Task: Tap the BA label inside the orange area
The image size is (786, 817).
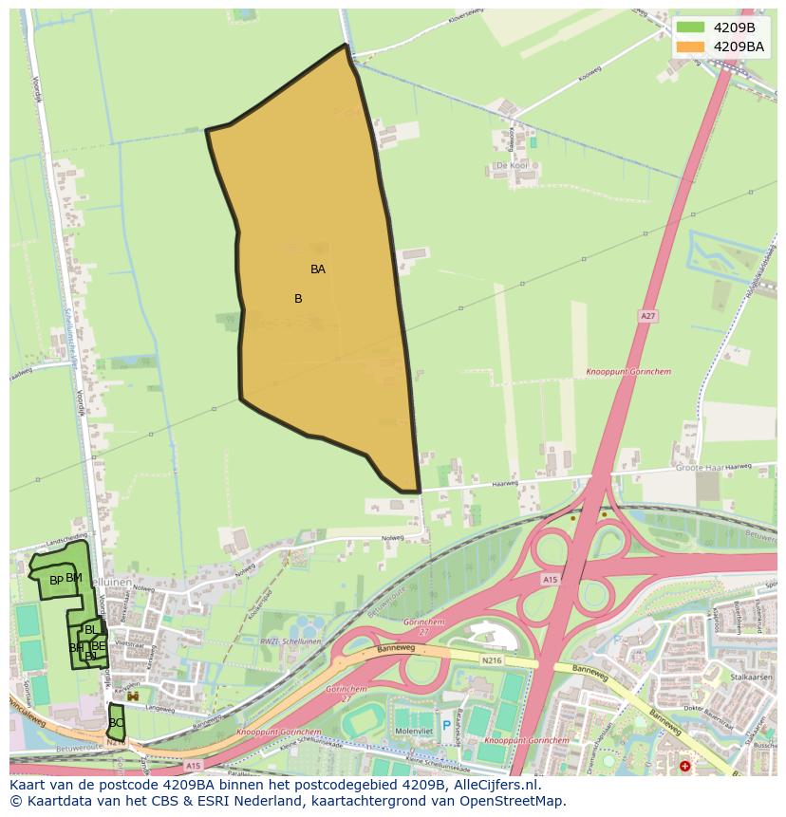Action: pyautogui.click(x=318, y=269)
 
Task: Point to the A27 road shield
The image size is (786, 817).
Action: pyautogui.click(x=647, y=316)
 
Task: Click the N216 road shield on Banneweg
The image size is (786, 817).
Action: pyautogui.click(x=491, y=659)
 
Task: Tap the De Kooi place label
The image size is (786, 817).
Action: pyautogui.click(x=512, y=165)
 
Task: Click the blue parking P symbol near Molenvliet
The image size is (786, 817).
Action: pyautogui.click(x=446, y=725)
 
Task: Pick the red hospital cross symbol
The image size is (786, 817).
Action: pyautogui.click(x=685, y=766)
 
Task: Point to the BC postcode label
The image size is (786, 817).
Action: pyautogui.click(x=116, y=723)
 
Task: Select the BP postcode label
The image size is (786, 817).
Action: pyautogui.click(x=56, y=581)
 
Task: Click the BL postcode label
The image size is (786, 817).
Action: pyautogui.click(x=90, y=630)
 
